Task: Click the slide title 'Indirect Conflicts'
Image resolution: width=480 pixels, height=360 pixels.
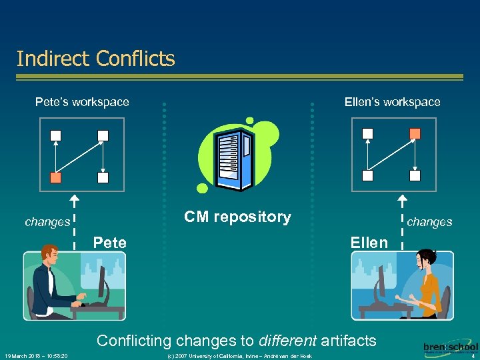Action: click(95, 59)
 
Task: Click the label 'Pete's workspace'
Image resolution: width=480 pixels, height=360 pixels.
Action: click(82, 102)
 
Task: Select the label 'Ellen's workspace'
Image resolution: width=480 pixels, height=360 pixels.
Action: click(392, 102)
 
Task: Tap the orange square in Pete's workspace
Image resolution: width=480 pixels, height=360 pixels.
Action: click(56, 177)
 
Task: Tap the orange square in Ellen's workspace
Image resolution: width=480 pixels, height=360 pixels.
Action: click(415, 133)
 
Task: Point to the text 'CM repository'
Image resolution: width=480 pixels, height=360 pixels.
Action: click(237, 217)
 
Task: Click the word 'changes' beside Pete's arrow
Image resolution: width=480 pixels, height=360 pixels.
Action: click(47, 222)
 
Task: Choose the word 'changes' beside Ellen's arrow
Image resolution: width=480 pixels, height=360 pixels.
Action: click(429, 222)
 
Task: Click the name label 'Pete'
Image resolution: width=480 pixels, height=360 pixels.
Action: click(110, 243)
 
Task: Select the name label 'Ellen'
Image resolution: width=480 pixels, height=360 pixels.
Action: click(369, 243)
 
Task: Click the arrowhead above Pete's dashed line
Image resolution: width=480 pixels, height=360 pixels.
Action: click(75, 199)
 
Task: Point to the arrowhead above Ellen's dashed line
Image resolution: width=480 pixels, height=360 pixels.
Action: click(402, 199)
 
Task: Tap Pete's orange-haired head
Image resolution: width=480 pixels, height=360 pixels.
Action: click(49, 255)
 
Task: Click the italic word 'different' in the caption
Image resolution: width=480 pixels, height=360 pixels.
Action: click(287, 341)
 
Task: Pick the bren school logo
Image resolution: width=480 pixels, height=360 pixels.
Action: click(450, 349)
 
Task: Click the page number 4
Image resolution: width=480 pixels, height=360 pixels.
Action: click(472, 356)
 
